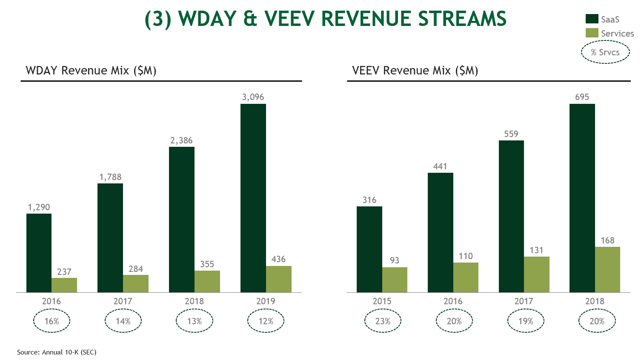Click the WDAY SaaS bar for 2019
pos(253,198)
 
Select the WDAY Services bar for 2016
pos(64,285)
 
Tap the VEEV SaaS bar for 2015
pos(369,249)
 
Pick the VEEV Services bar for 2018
pos(607,269)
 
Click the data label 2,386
pos(181,140)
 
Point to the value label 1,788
pos(110,177)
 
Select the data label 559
pos(511,134)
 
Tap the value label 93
pos(395,260)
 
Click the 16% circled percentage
pos(52,321)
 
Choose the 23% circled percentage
pos(383,321)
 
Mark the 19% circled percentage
pos(525,321)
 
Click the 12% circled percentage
pos(266,321)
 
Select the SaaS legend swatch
pos(592,19)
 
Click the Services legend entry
pos(617,33)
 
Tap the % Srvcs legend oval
pos(605,52)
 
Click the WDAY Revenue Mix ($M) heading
pos(91,70)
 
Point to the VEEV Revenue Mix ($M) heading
pos(415,70)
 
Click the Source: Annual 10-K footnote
pos(57,352)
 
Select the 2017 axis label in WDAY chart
pos(123,301)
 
